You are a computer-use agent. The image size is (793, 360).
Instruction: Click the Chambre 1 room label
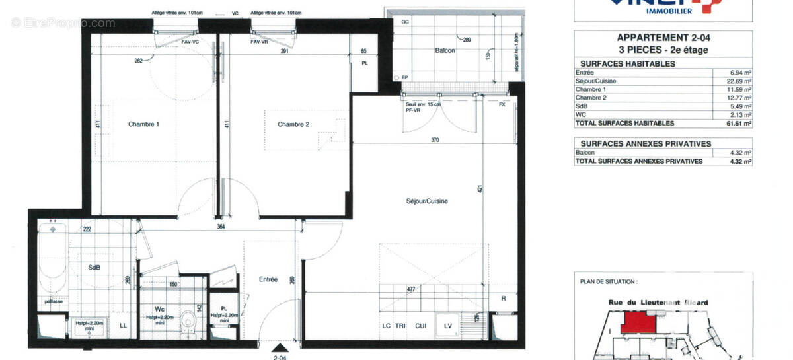(x=143, y=124)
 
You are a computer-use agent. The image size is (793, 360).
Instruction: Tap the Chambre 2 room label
(x=293, y=124)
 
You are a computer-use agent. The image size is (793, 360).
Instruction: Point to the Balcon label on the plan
(x=445, y=51)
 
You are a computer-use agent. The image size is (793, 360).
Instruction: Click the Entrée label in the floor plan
(x=268, y=279)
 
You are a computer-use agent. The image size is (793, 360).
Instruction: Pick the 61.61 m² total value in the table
(x=739, y=123)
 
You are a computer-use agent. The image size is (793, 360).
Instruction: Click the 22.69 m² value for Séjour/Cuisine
(x=739, y=81)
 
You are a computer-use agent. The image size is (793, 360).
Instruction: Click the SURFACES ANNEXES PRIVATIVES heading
(x=645, y=143)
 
